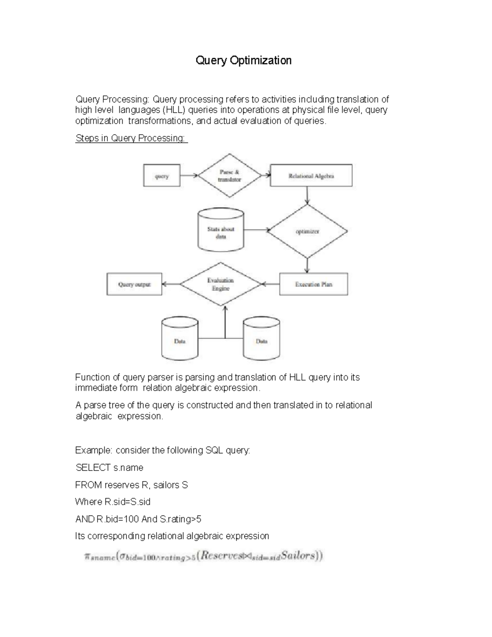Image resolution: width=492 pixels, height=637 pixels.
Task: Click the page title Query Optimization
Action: click(244, 61)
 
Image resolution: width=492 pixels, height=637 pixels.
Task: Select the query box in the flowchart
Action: click(162, 176)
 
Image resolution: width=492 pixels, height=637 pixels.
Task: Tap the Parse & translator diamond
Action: click(230, 176)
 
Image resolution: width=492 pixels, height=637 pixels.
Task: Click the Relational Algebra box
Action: click(311, 176)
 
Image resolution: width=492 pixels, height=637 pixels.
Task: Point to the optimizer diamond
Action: click(307, 231)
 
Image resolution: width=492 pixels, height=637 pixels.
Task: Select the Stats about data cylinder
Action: click(221, 231)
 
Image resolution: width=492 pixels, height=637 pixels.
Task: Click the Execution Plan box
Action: click(314, 284)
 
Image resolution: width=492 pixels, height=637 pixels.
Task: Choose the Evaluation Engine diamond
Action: click(221, 284)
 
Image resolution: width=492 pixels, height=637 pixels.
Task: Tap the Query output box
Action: click(134, 284)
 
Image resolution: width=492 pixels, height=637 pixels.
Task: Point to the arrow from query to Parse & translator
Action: click(189, 176)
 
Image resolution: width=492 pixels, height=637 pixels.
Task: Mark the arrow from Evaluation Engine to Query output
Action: click(171, 284)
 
